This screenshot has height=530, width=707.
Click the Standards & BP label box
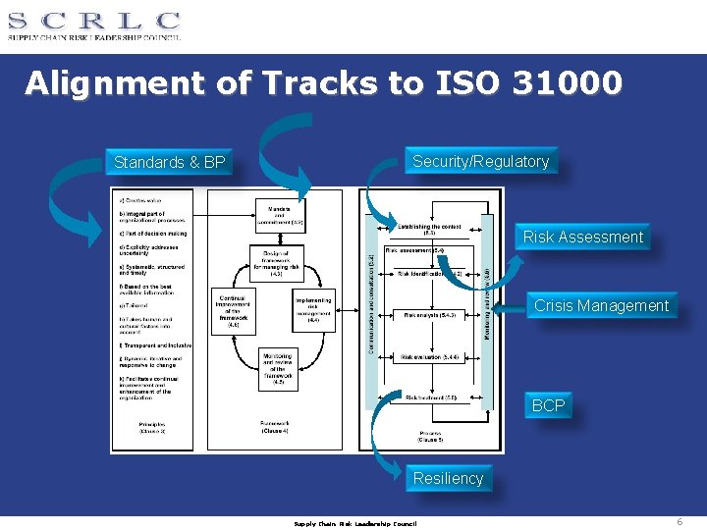(169, 162)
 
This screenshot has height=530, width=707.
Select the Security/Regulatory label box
(480, 161)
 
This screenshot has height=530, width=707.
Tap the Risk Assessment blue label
(582, 237)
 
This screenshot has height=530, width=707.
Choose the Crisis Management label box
(601, 305)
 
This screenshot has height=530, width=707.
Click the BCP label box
(548, 404)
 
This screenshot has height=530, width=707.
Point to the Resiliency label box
(448, 478)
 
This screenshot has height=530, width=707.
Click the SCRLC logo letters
(94, 20)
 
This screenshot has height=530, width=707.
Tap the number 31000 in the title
(567, 83)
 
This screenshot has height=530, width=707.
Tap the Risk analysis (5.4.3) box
(430, 315)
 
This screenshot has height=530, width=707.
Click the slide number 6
(680, 522)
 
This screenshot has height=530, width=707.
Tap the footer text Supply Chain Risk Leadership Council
(355, 523)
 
